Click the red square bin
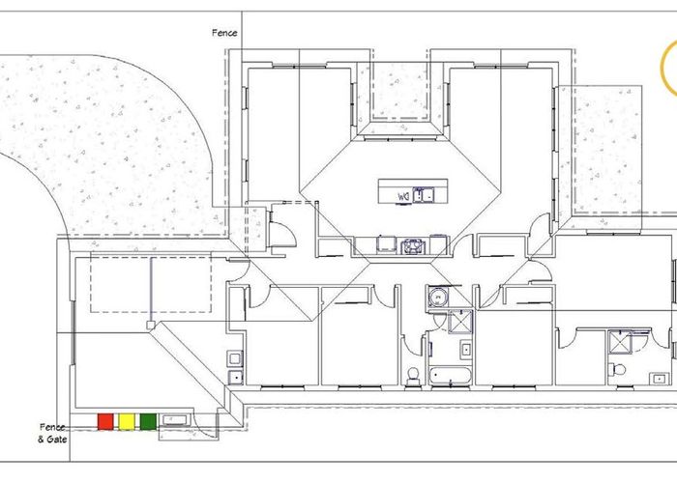(105, 421)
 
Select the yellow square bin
(127, 421)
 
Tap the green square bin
(148, 421)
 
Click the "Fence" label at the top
(224, 33)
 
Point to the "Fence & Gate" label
(52, 434)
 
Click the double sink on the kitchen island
(424, 195)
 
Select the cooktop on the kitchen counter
(413, 246)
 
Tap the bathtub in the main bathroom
(450, 375)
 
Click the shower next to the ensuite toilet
(620, 341)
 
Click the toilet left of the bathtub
(413, 375)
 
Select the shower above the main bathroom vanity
(460, 322)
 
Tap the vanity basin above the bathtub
(465, 350)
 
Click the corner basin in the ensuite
(660, 379)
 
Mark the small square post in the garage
(151, 325)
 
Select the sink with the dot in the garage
(236, 378)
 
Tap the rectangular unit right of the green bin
(174, 419)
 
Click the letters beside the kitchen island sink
(403, 197)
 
